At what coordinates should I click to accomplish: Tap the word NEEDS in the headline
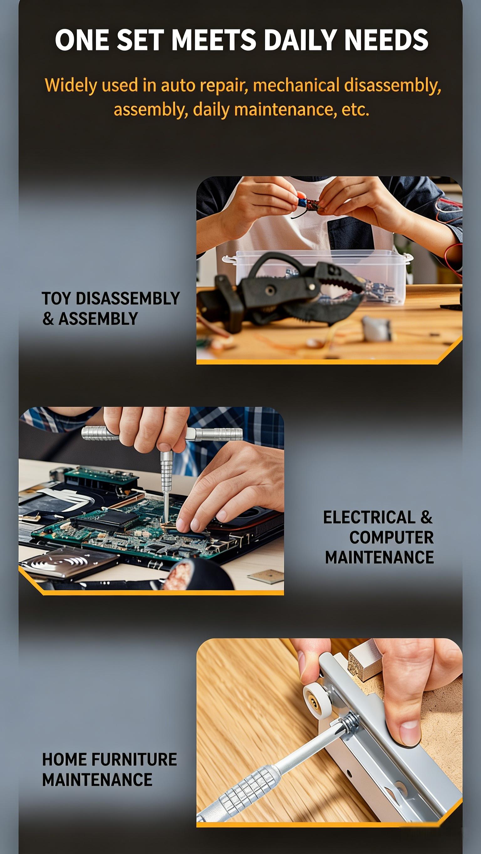[x=386, y=40]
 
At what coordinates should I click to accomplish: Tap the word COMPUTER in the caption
[x=391, y=537]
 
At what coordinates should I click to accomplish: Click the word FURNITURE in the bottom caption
[x=134, y=759]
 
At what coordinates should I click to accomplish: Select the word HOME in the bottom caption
[x=64, y=759]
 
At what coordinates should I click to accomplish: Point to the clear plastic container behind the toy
[x=318, y=275]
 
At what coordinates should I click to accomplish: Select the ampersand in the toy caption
[x=48, y=318]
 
